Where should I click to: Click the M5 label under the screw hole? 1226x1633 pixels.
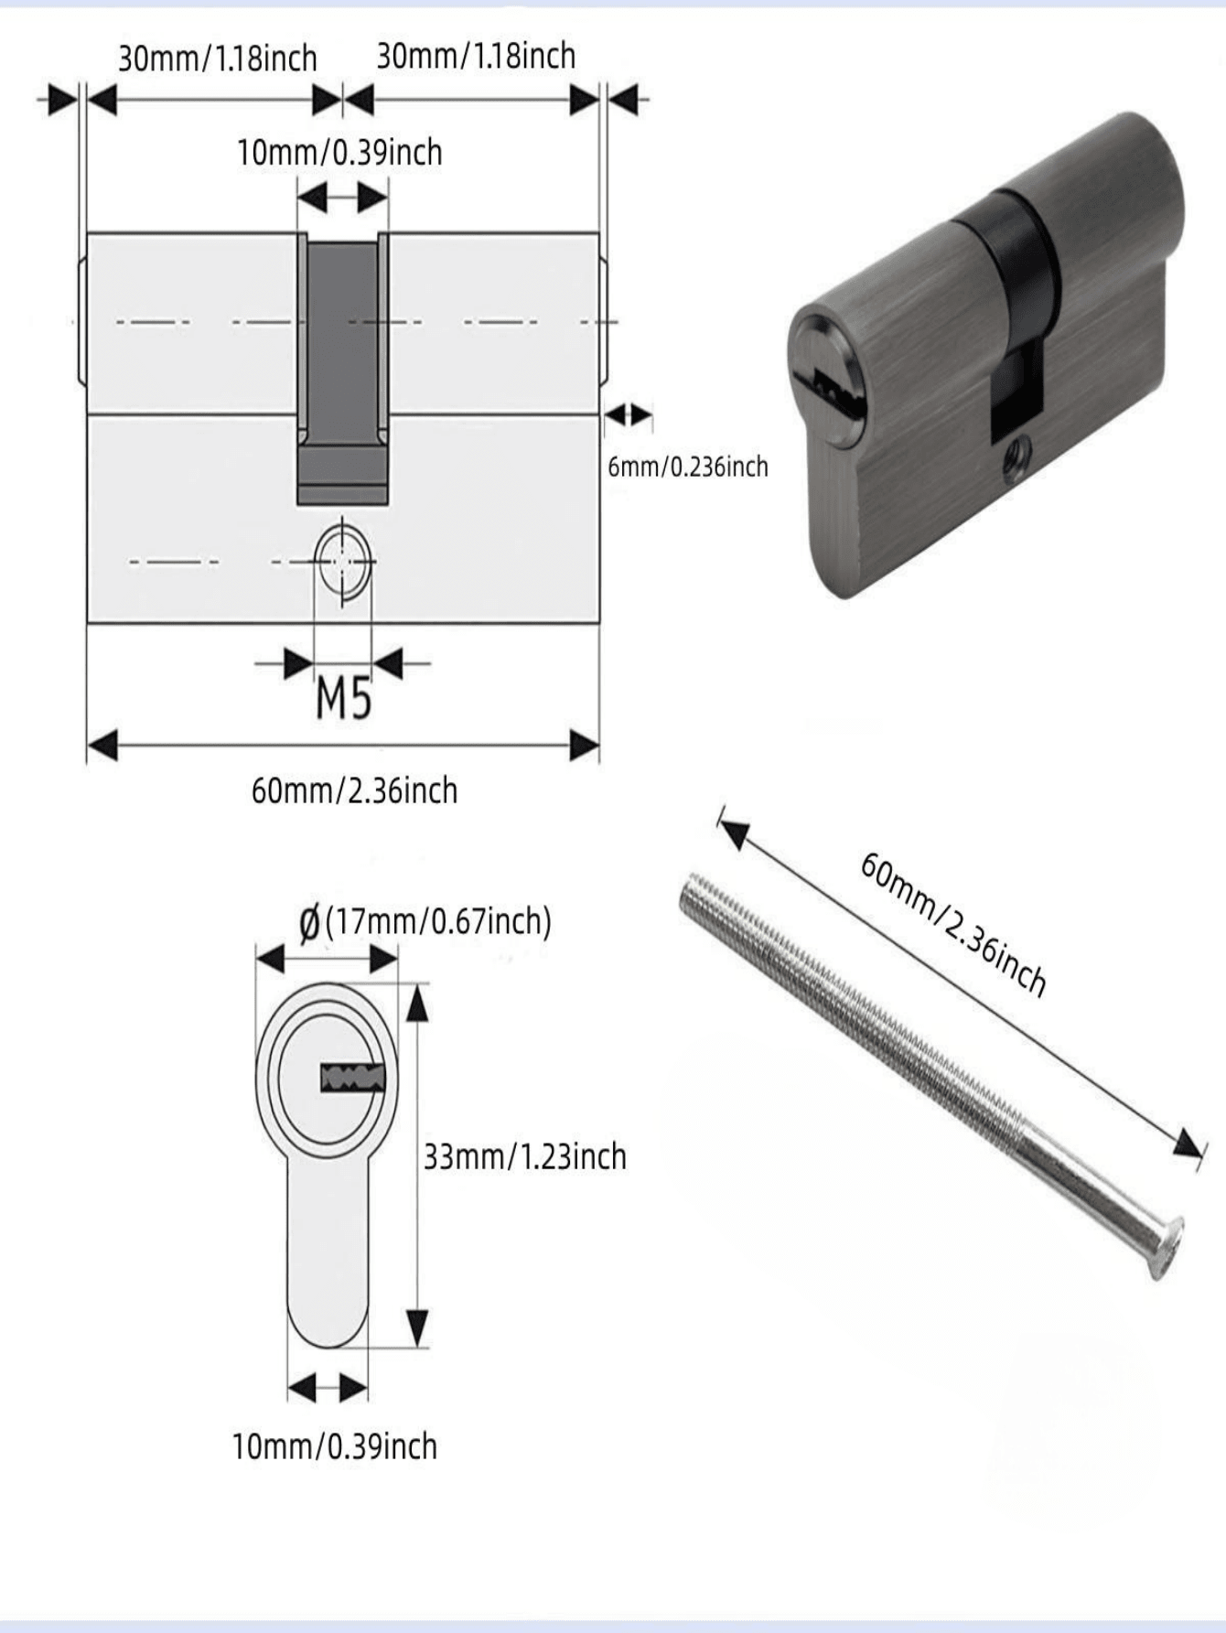click(x=343, y=700)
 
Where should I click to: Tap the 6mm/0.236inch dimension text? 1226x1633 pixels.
click(x=688, y=467)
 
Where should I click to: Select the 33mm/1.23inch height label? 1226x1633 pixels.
click(x=524, y=1156)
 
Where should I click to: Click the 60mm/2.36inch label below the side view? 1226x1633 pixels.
click(x=354, y=790)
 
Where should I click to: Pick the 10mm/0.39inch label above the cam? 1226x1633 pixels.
click(x=339, y=152)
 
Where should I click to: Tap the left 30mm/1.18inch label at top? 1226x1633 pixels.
click(x=217, y=59)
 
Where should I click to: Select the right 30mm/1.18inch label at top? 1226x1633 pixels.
click(x=476, y=56)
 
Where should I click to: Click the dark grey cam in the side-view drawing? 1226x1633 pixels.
click(x=342, y=366)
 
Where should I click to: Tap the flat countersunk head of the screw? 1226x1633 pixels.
click(x=1167, y=1248)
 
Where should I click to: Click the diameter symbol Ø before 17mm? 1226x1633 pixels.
click(x=310, y=922)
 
